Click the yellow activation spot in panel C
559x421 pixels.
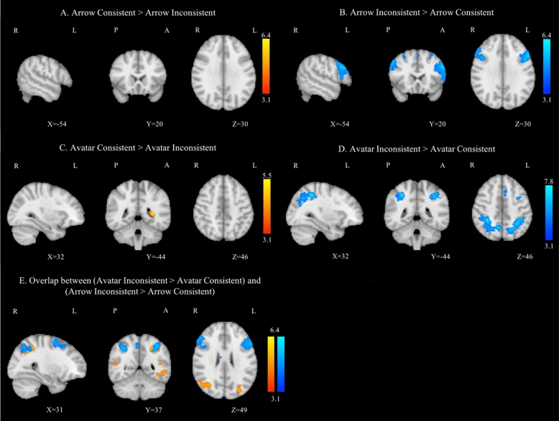point(152,213)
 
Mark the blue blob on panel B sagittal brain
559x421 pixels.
point(340,70)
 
